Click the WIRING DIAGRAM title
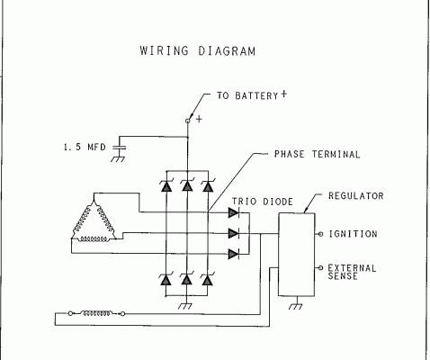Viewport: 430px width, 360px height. click(x=198, y=51)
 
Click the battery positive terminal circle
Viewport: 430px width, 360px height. click(x=188, y=121)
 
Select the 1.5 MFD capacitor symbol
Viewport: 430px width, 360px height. click(x=119, y=148)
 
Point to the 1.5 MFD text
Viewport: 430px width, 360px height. click(x=85, y=147)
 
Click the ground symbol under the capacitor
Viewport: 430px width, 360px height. click(x=118, y=159)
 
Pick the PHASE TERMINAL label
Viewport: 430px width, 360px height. click(x=317, y=154)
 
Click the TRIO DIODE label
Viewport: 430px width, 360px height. click(x=263, y=202)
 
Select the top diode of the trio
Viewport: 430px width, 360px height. click(x=234, y=212)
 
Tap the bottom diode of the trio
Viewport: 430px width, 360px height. click(x=234, y=254)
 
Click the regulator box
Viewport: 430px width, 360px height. click(x=297, y=255)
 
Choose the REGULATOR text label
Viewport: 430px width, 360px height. click(x=356, y=196)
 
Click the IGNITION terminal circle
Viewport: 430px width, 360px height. click(x=320, y=234)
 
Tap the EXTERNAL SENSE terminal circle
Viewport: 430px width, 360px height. click(x=320, y=267)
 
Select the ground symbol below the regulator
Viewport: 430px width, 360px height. click(x=296, y=306)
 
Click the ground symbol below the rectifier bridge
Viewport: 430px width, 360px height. click(x=185, y=306)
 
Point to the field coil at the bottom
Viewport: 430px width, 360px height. click(x=96, y=313)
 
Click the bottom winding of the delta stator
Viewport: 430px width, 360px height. click(x=93, y=239)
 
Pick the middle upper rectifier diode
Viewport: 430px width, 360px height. click(x=187, y=185)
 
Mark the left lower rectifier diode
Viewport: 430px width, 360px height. click(x=166, y=279)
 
